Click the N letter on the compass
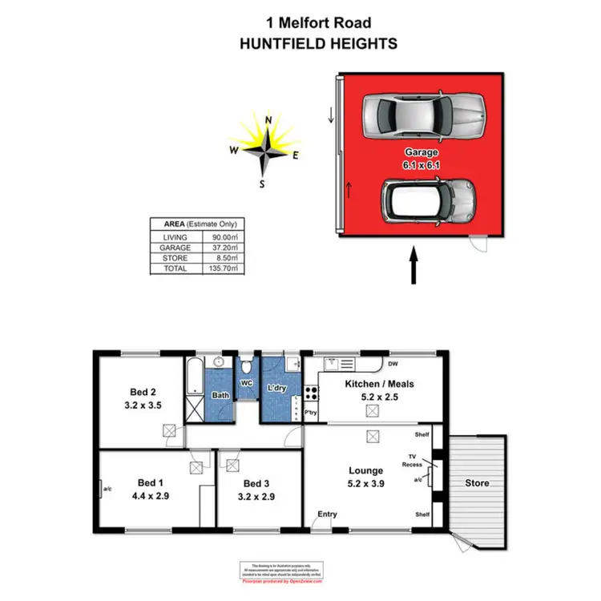[x=268, y=121]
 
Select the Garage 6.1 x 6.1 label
[x=422, y=158]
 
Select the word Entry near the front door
[x=327, y=514]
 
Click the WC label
[x=247, y=382]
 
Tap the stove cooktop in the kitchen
[x=310, y=395]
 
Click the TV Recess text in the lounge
[x=413, y=460]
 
